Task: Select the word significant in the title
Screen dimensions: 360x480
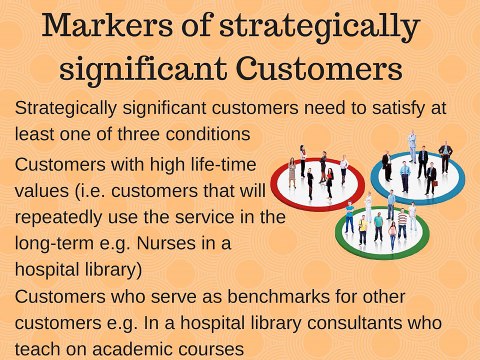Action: [x=148, y=70]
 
